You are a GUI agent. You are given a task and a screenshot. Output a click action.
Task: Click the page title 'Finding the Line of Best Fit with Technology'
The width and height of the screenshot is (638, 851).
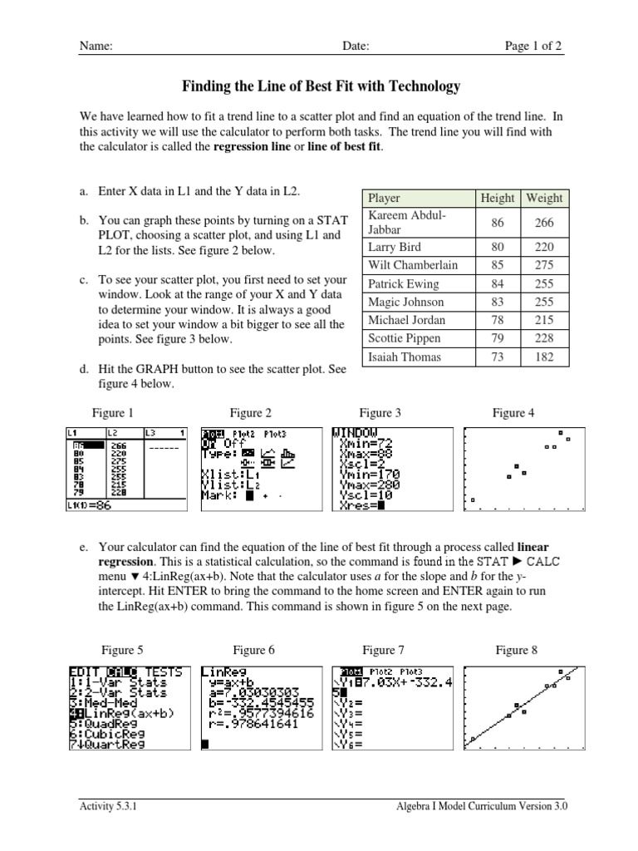(x=320, y=86)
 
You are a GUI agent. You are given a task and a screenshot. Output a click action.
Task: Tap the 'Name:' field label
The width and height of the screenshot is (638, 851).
(x=96, y=47)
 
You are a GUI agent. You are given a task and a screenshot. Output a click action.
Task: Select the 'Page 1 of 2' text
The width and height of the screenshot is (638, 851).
(x=533, y=47)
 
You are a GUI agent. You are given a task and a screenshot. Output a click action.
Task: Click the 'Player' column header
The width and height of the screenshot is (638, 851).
(x=384, y=198)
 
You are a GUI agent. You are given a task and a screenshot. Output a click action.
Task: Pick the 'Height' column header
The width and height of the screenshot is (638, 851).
(x=498, y=198)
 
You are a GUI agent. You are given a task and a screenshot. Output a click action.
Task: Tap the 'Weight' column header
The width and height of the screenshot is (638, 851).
(x=544, y=198)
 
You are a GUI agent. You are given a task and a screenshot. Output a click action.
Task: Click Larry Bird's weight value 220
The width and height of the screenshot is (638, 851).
(x=544, y=247)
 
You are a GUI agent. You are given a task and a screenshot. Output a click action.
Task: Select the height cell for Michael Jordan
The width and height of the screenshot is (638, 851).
(x=498, y=320)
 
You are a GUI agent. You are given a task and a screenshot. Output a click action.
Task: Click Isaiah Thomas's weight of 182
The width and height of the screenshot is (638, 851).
(x=544, y=357)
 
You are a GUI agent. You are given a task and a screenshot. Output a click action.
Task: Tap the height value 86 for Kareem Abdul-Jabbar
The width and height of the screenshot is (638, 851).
(x=498, y=222)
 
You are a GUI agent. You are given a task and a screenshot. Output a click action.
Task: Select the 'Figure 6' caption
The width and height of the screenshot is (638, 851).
(x=253, y=650)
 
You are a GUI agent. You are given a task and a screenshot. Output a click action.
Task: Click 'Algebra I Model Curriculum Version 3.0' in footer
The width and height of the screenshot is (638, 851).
(x=483, y=805)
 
